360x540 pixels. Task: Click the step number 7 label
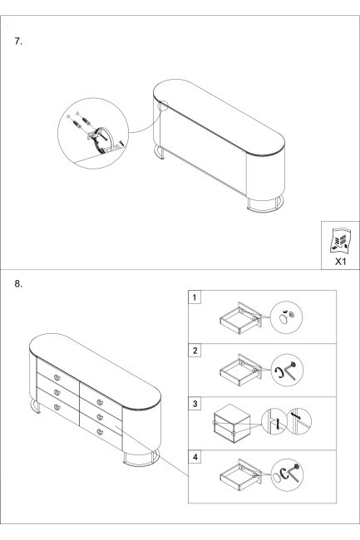(x=18, y=42)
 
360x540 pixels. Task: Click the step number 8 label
(x=18, y=284)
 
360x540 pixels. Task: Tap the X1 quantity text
(x=340, y=262)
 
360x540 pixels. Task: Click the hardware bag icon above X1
(x=340, y=240)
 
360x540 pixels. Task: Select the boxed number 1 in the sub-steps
(x=195, y=297)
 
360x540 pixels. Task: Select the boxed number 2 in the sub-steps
(x=195, y=351)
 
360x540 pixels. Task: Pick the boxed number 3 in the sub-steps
(x=195, y=404)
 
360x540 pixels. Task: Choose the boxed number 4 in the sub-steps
(x=195, y=457)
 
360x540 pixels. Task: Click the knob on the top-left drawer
(x=57, y=377)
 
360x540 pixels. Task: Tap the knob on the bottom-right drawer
(x=100, y=432)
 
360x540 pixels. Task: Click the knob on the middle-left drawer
(x=57, y=392)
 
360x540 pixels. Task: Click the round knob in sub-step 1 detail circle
(x=284, y=319)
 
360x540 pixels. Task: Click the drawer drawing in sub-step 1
(x=240, y=318)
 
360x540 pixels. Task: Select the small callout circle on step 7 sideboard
(x=163, y=105)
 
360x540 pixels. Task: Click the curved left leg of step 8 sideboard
(x=36, y=405)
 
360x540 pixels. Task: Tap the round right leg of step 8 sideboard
(x=141, y=458)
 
